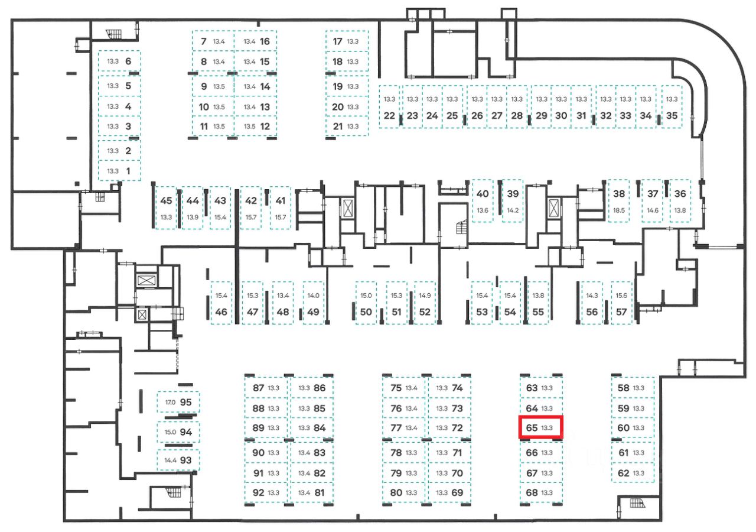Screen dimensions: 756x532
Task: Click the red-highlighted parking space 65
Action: (x=540, y=427)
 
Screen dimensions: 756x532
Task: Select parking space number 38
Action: (x=619, y=200)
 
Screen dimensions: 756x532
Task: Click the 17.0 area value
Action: (x=170, y=403)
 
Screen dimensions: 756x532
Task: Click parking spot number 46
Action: (x=221, y=303)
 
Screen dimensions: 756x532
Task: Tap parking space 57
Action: (x=621, y=303)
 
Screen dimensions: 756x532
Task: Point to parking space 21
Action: (x=347, y=126)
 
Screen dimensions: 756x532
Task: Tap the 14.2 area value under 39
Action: (x=512, y=210)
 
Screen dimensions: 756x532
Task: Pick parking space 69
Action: (x=449, y=492)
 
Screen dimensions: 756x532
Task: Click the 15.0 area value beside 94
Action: (x=170, y=432)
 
